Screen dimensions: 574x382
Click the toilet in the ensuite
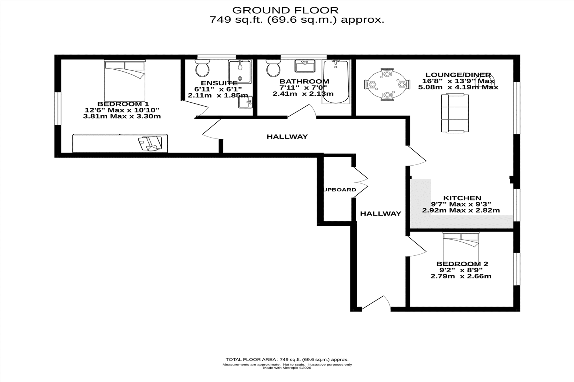coord(202,68)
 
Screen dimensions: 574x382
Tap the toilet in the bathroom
coord(273,68)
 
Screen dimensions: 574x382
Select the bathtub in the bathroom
coord(336,82)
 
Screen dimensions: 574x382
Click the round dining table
coord(387,85)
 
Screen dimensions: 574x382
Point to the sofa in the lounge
coord(455,113)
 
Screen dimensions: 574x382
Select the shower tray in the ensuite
coord(240,72)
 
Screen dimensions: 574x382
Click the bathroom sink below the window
coord(305,66)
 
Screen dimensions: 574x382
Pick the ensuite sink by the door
coord(245,102)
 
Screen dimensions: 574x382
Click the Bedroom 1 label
coord(123,104)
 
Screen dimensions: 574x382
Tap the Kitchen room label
coord(462,198)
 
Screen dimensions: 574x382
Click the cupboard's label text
coord(340,190)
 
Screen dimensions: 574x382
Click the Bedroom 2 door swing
coord(416,246)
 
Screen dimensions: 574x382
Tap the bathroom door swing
coord(302,111)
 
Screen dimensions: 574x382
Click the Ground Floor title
coord(285,10)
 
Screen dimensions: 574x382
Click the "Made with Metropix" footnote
coord(287,368)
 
